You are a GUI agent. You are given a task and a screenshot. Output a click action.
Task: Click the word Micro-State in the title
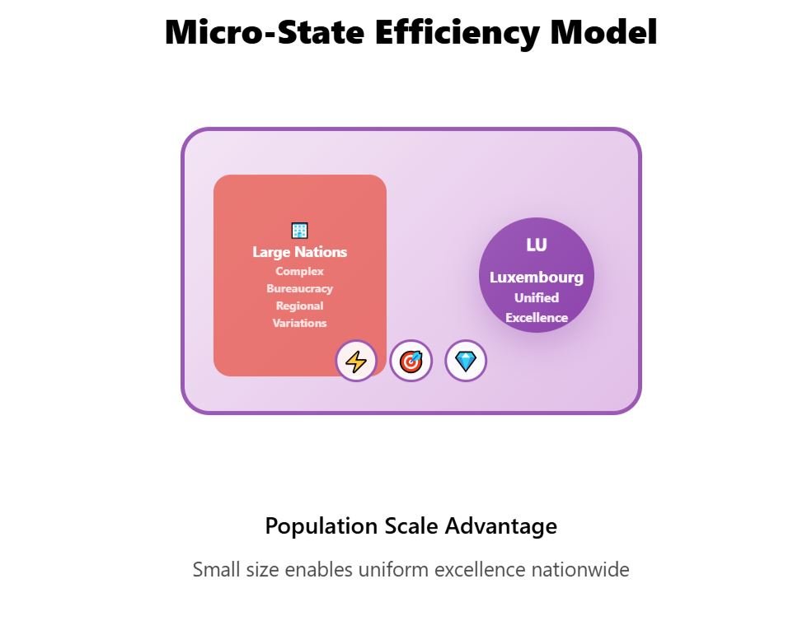click(265, 32)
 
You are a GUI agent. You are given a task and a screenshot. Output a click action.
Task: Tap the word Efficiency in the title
click(457, 33)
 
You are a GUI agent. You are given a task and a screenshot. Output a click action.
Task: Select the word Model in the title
click(603, 32)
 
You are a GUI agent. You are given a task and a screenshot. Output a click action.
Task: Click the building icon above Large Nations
click(300, 231)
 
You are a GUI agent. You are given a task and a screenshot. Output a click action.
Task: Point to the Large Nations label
click(300, 251)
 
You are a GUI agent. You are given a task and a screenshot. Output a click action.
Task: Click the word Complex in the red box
click(299, 271)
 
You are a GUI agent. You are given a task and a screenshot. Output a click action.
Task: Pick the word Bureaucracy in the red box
click(300, 288)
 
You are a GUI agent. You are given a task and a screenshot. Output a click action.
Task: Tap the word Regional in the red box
click(299, 306)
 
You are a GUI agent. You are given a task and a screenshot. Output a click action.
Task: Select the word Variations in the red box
click(299, 323)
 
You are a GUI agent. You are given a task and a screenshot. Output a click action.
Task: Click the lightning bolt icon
click(356, 362)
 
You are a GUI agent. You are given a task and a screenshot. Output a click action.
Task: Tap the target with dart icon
click(411, 362)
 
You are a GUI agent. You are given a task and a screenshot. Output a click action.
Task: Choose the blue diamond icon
click(466, 362)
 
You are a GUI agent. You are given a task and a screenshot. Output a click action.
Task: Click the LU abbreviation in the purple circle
click(537, 245)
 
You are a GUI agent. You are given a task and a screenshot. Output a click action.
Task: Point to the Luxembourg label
click(537, 278)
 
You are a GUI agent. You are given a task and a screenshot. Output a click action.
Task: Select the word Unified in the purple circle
click(537, 298)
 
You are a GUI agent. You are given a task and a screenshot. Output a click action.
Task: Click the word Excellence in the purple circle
click(537, 318)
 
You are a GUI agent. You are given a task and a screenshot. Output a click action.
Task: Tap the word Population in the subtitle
click(321, 526)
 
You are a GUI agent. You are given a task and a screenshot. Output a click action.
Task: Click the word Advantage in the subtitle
click(501, 526)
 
